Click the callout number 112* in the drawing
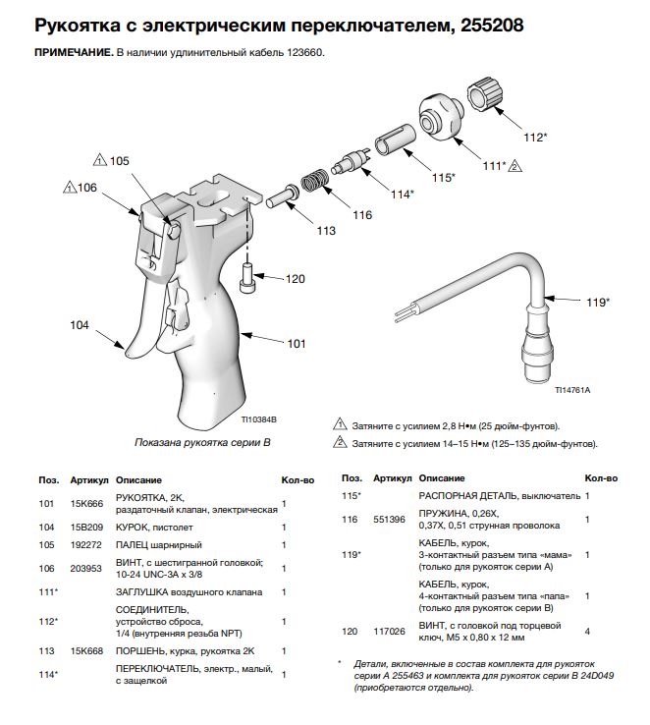534,137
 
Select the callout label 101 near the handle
297,345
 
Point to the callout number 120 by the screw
296,279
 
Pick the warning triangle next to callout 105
99,159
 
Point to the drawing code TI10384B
260,419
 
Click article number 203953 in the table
84,568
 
